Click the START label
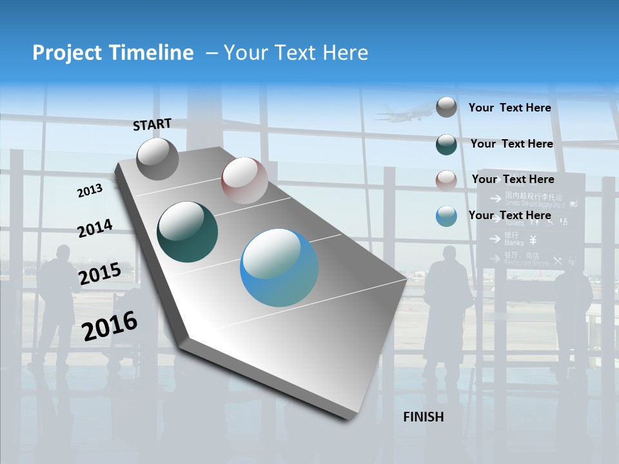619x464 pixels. coord(152,124)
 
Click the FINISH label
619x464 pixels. coord(424,417)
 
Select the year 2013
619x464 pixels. coord(90,191)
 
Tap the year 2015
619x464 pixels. coord(100,274)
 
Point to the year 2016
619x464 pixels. coord(110,325)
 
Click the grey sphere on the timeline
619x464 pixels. coord(158,159)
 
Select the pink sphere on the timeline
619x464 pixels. coord(244,180)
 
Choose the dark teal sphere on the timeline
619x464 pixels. coord(188,232)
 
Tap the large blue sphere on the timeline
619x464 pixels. coord(279,267)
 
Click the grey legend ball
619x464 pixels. coord(446,107)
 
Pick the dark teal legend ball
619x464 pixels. coord(446,144)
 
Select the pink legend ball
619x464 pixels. coord(446,180)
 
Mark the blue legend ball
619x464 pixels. coord(446,216)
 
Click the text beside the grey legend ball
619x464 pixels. coord(509,108)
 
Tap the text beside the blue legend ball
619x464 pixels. coord(509,215)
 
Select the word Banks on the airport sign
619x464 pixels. coord(514,243)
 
